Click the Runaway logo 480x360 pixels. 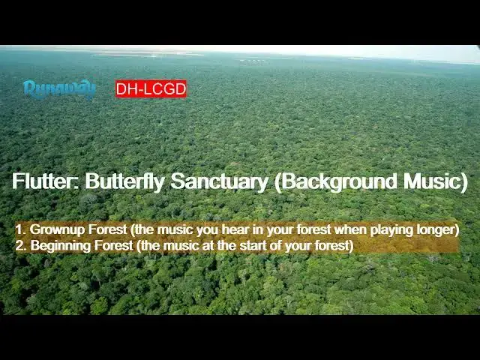pyautogui.click(x=59, y=89)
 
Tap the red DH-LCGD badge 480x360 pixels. pyautogui.click(x=151, y=89)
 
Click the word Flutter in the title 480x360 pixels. pyautogui.click(x=44, y=181)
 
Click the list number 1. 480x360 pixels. pyautogui.click(x=19, y=229)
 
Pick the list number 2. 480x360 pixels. pyautogui.click(x=19, y=246)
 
